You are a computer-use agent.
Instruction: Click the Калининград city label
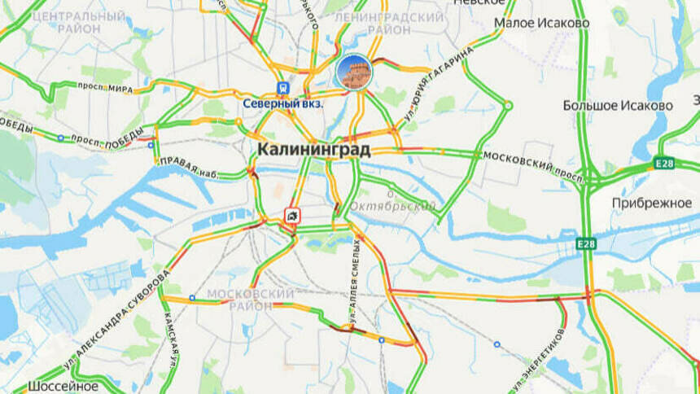[313, 150]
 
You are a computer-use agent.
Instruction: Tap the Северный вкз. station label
[283, 103]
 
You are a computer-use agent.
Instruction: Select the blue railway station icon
[282, 87]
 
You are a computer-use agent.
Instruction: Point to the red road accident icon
[291, 216]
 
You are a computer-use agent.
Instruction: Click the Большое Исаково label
[618, 106]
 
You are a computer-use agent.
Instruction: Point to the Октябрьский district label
[393, 207]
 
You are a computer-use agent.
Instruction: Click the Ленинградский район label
[389, 23]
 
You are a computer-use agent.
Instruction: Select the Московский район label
[251, 300]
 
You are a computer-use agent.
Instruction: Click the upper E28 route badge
[664, 164]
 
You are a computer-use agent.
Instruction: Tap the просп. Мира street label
[104, 88]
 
